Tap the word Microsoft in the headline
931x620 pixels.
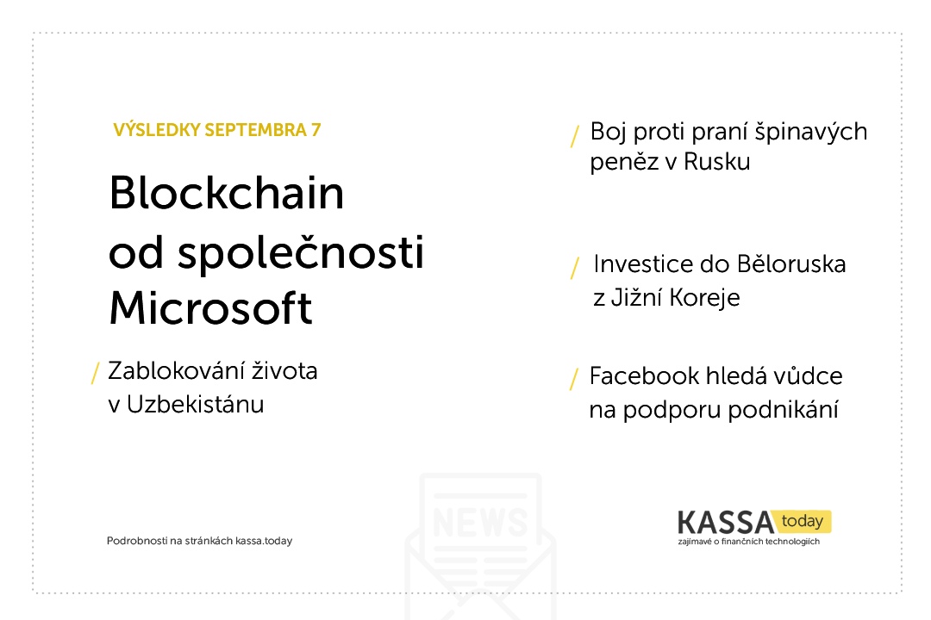point(211,308)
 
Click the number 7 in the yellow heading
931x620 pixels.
point(316,130)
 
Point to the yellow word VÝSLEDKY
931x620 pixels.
point(157,129)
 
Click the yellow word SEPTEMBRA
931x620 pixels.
point(255,130)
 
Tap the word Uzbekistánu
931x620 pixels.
point(196,404)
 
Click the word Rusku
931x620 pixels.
point(716,161)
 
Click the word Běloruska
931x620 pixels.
point(790,264)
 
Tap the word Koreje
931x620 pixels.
point(704,298)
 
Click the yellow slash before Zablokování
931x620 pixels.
point(95,373)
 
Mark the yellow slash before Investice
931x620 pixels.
point(575,268)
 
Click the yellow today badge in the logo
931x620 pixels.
point(803,521)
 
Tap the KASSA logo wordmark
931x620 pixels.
point(726,523)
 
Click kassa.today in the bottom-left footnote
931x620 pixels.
point(264,541)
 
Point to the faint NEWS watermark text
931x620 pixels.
point(480,522)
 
